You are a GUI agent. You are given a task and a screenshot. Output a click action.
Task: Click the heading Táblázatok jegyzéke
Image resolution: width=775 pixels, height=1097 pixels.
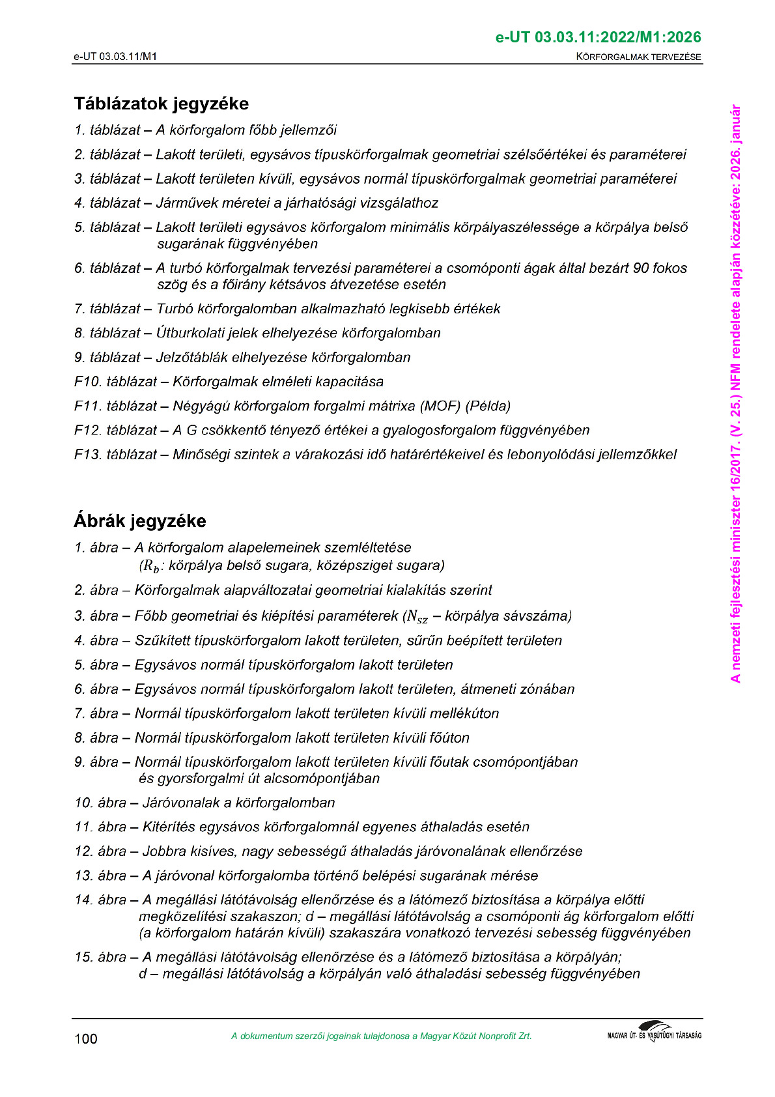tap(161, 104)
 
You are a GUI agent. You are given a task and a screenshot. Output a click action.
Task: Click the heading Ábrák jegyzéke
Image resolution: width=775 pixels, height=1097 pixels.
tap(139, 521)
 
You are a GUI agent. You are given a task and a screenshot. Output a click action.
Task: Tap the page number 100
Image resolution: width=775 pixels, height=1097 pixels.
tap(85, 1038)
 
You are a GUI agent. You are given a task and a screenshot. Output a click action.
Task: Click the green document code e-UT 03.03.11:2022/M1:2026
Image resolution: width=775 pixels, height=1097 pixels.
tap(598, 37)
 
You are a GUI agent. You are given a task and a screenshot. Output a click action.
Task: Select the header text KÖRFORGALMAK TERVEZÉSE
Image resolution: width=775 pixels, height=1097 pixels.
tap(638, 57)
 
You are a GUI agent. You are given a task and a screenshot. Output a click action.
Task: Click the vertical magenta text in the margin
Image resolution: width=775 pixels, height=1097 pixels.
tap(735, 393)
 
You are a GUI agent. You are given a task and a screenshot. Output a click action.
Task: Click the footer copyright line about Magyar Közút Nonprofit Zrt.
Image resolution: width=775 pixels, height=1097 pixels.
tap(381, 1036)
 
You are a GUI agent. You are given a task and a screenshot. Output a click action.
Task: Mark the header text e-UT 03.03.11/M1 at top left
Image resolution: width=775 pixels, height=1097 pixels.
tap(115, 57)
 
